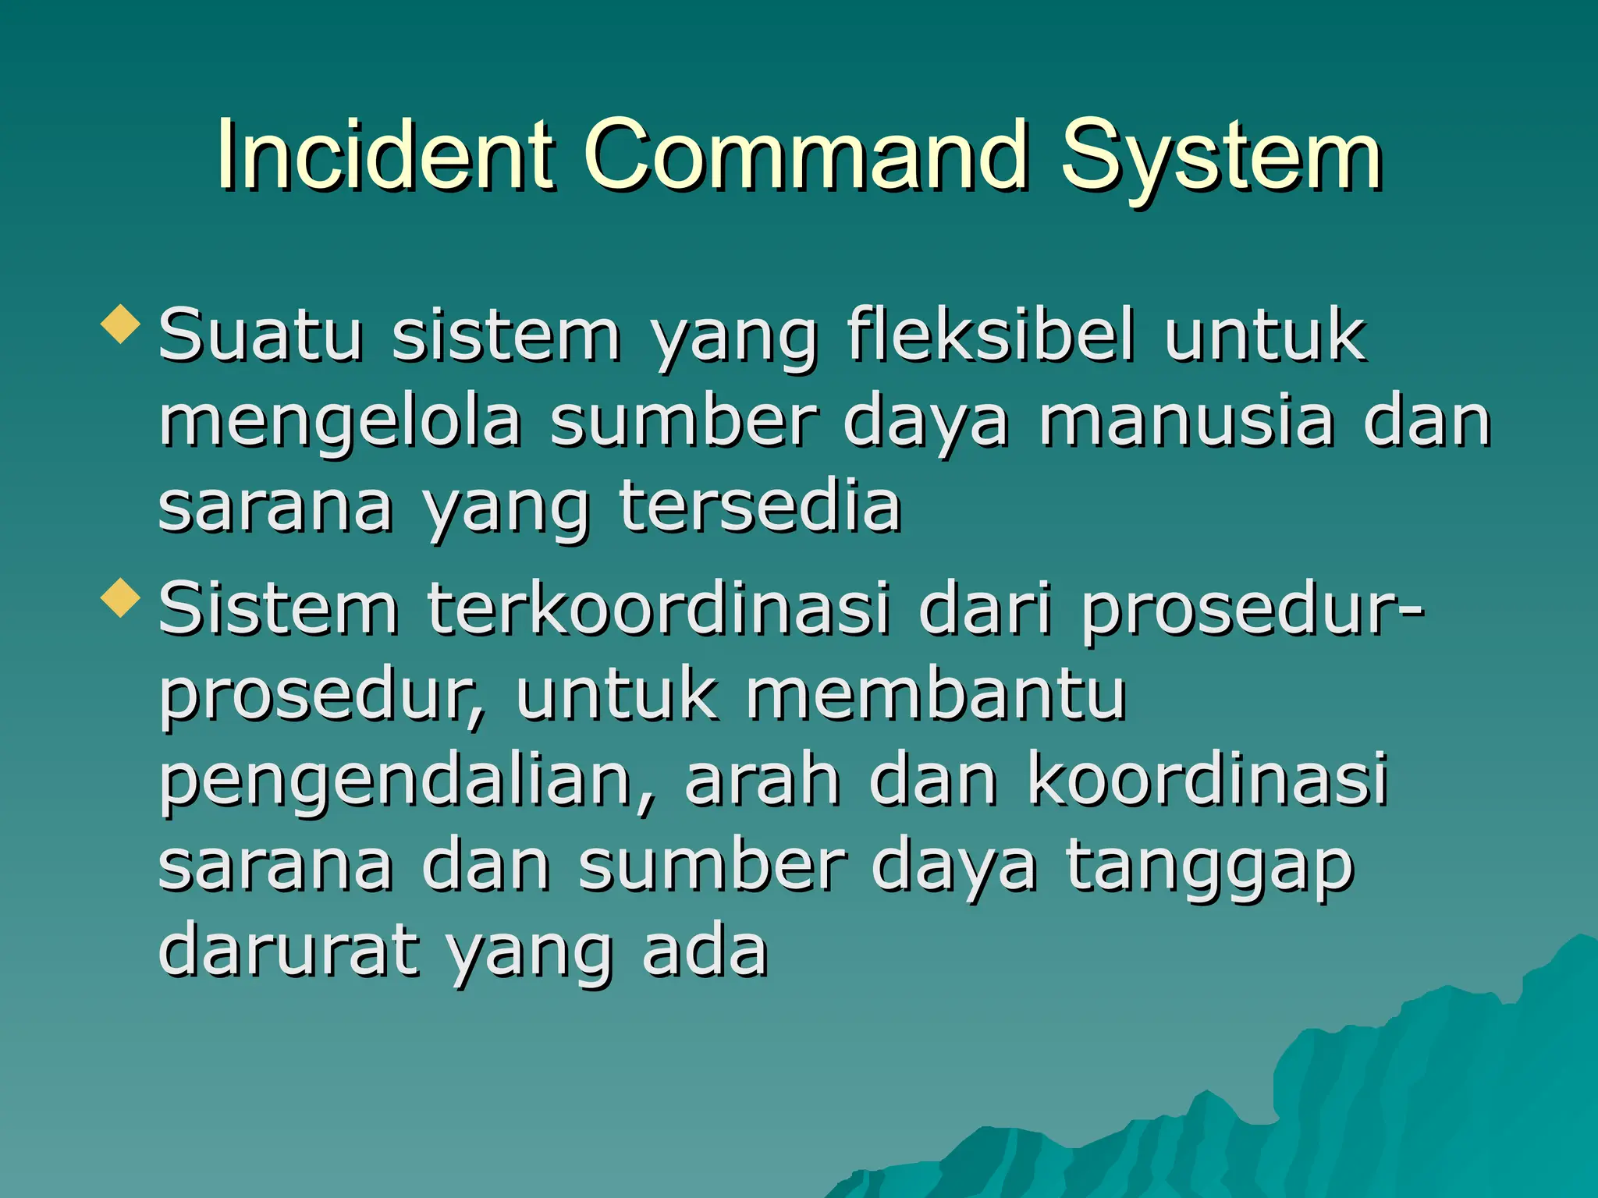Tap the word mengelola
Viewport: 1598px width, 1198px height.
point(340,423)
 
